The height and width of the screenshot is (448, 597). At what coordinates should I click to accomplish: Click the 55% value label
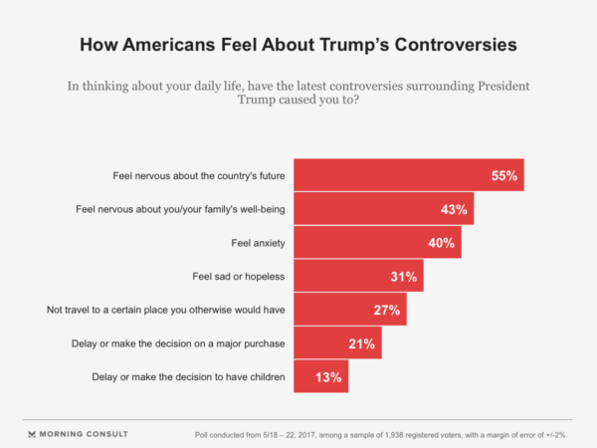pyautogui.click(x=504, y=176)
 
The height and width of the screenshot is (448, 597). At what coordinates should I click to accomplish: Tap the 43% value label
pyautogui.click(x=454, y=210)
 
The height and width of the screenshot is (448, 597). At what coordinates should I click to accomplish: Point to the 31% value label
pyautogui.click(x=405, y=277)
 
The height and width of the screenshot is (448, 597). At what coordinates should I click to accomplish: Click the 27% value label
pyautogui.click(x=388, y=311)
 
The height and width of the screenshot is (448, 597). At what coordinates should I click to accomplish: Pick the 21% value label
pyautogui.click(x=361, y=344)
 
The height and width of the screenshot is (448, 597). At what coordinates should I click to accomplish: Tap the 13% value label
pyautogui.click(x=330, y=378)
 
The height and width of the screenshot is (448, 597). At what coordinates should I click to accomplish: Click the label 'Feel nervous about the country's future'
pyautogui.click(x=199, y=176)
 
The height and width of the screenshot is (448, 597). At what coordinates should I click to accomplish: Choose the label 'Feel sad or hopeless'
pyautogui.click(x=239, y=277)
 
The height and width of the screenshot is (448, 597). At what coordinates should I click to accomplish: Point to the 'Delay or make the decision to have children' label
pyautogui.click(x=189, y=378)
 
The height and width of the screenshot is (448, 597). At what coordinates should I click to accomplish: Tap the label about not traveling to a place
pyautogui.click(x=166, y=311)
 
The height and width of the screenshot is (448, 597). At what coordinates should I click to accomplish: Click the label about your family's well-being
pyautogui.click(x=181, y=210)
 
